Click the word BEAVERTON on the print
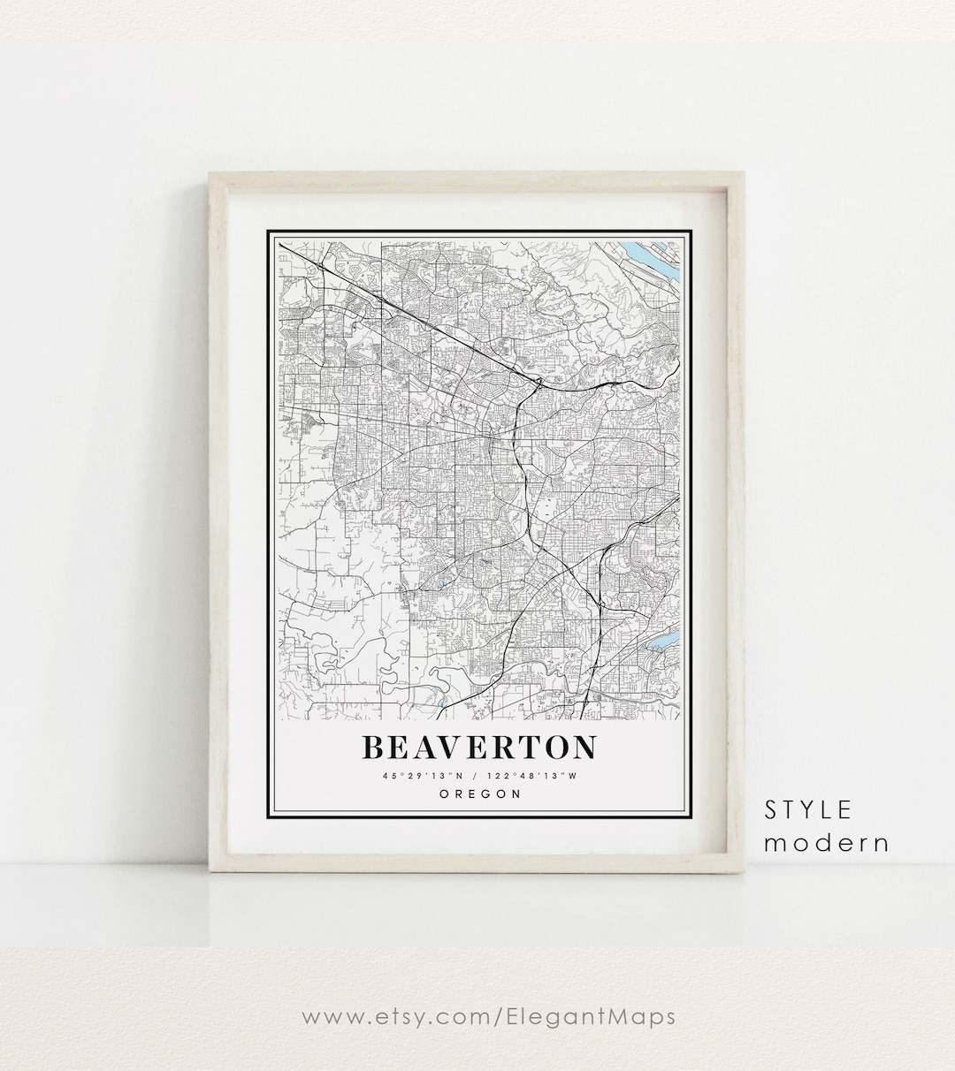coord(478,748)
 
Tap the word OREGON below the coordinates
coord(479,794)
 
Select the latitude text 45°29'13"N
coord(423,776)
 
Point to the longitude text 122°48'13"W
coord(532,776)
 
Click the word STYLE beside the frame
coord(808,809)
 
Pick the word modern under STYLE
coord(827,842)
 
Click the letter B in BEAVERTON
coord(372,748)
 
